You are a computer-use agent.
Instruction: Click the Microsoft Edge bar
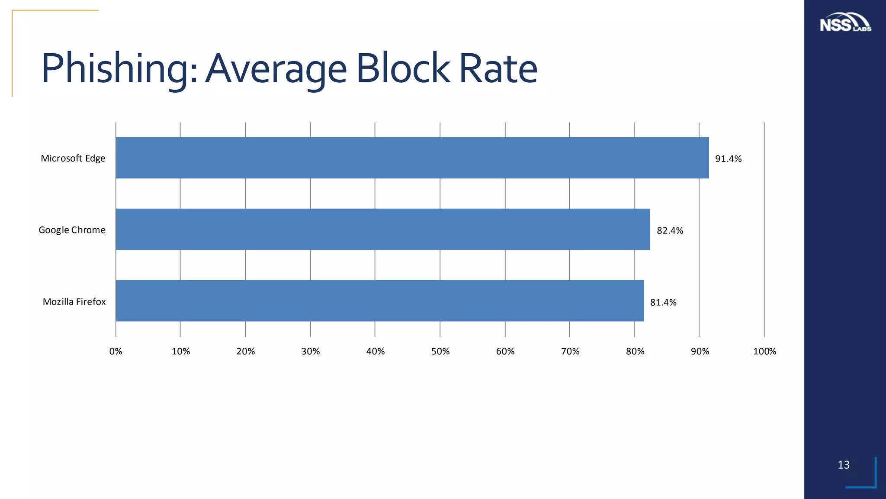(x=412, y=158)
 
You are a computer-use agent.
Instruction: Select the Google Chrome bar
(x=382, y=229)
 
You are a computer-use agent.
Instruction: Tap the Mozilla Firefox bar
(x=379, y=301)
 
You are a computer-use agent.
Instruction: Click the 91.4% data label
(x=728, y=159)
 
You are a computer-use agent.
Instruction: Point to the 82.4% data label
(x=670, y=231)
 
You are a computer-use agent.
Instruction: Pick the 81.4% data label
(x=663, y=303)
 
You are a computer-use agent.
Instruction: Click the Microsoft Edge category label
(x=73, y=159)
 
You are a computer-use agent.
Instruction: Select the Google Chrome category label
(x=72, y=230)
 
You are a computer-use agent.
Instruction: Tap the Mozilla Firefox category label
(x=74, y=302)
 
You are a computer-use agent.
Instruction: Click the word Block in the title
(x=403, y=68)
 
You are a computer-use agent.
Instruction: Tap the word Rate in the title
(x=498, y=68)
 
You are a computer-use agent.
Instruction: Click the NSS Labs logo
(x=845, y=23)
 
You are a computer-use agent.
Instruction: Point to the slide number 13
(x=844, y=465)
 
